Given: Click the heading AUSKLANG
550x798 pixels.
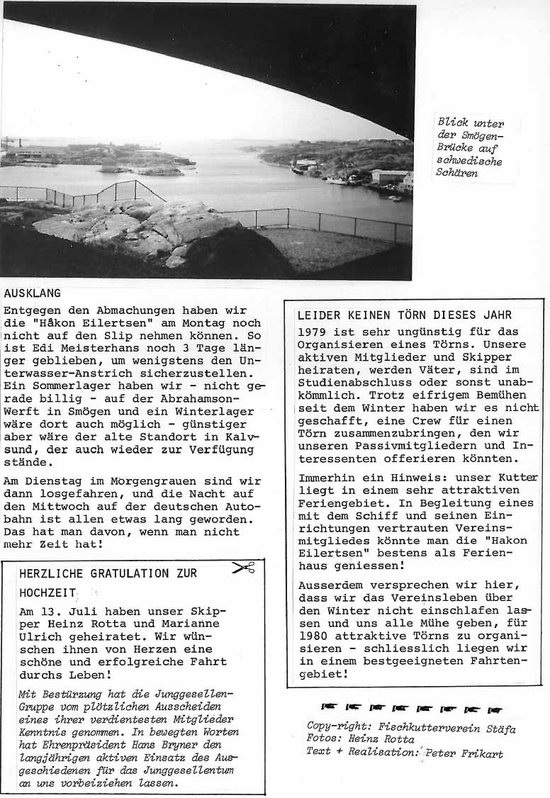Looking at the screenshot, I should coord(32,293).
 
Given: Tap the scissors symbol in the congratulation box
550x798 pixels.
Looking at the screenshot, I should coord(242,567).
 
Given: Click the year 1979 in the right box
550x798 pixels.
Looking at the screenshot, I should coord(313,332).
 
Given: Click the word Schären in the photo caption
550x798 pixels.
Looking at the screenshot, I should coord(457,173).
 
